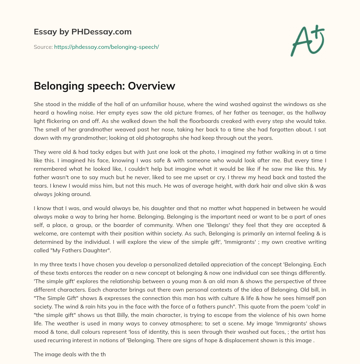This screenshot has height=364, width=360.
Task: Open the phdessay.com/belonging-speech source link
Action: tap(107, 47)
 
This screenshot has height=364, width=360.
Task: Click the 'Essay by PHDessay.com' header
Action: tap(83, 32)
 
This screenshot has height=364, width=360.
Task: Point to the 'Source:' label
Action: tap(43, 47)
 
